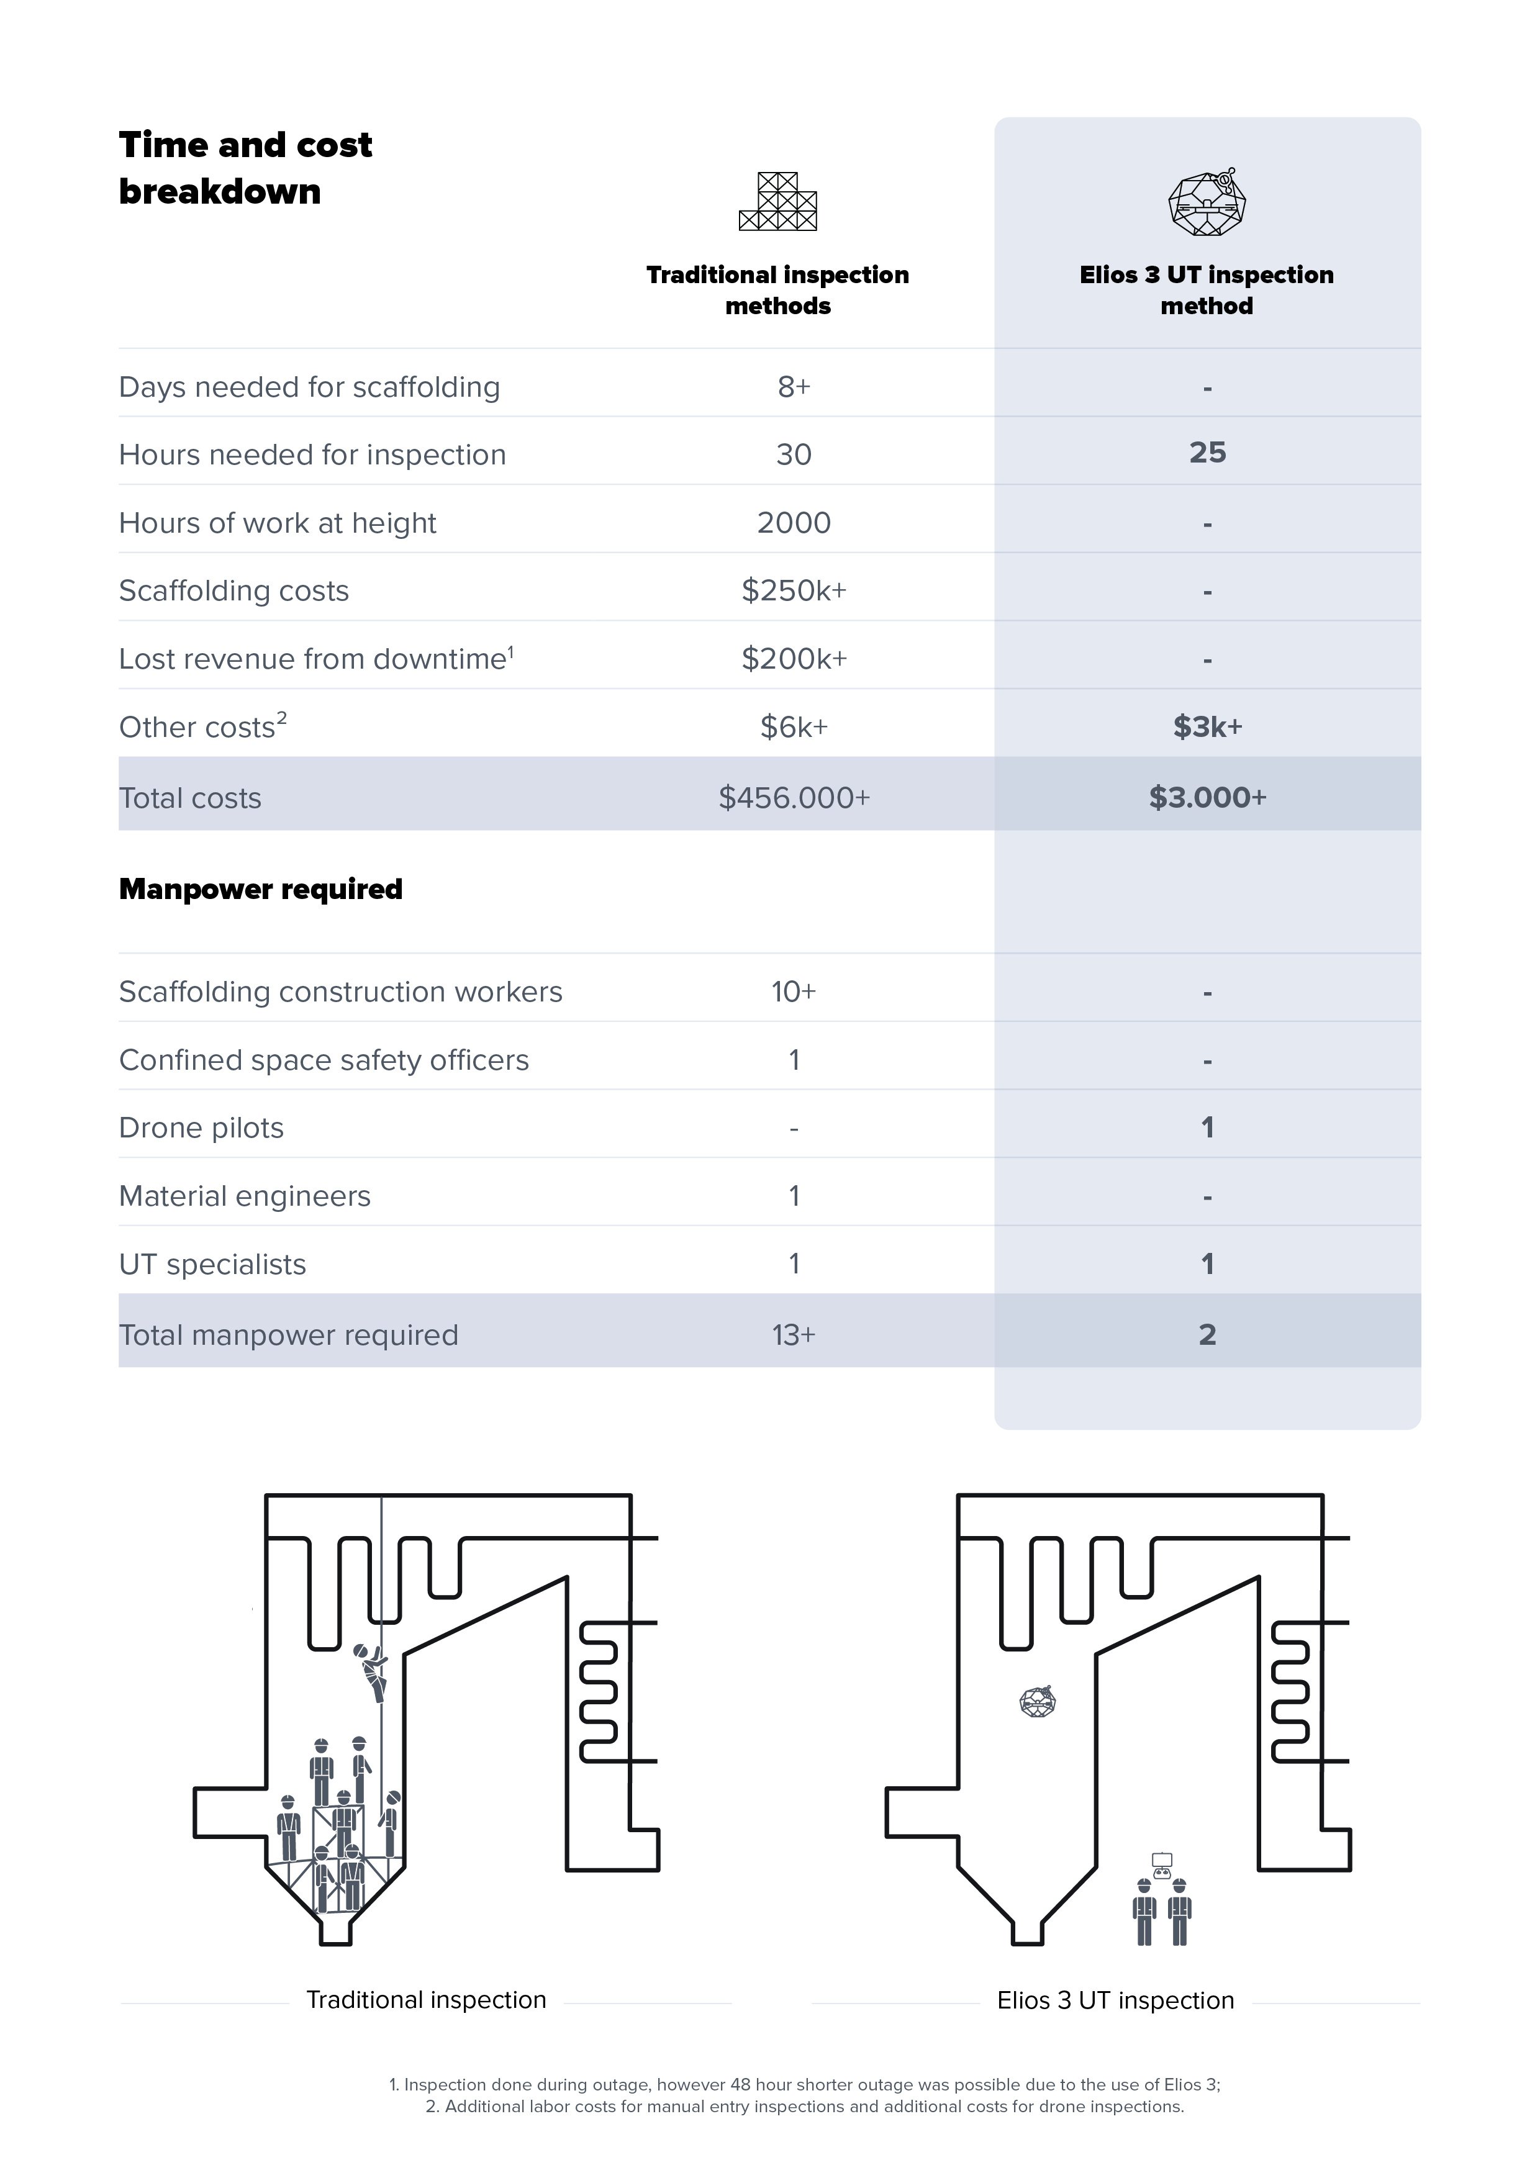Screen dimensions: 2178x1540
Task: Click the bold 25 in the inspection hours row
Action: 1207,453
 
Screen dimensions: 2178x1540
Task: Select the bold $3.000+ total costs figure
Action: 1207,797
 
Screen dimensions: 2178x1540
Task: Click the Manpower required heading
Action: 261,889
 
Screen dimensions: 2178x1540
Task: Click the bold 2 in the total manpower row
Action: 1207,1335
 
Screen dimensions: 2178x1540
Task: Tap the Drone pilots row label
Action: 201,1128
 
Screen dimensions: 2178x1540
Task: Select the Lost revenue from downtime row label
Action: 316,658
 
